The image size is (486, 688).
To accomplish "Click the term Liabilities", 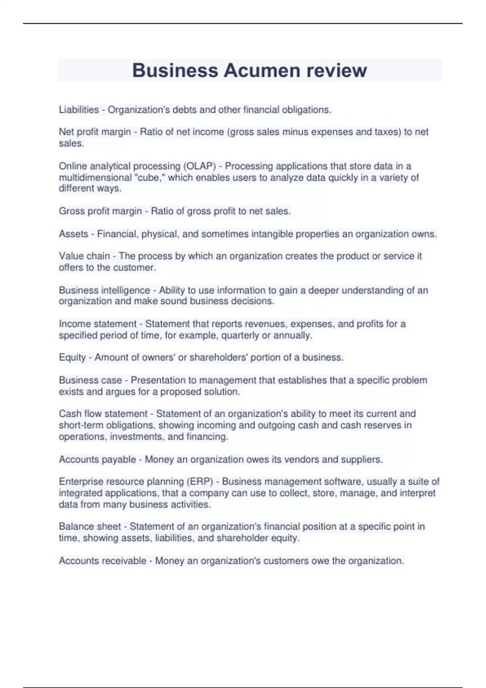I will pyautogui.click(x=79, y=110).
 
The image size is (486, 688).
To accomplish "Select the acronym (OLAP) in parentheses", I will pyautogui.click(x=200, y=166).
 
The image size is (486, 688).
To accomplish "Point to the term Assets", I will pyautogui.click(x=73, y=234).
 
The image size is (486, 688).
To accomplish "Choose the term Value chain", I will pyautogui.click(x=84, y=256).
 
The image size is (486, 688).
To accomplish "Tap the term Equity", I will pyautogui.click(x=72, y=358).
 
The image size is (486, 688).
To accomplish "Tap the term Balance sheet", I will pyautogui.click(x=90, y=527).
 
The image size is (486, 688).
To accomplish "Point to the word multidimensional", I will pyautogui.click(x=95, y=178).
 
